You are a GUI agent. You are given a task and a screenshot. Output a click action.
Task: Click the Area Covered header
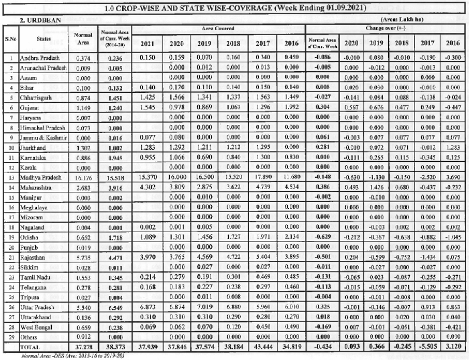click(x=218, y=29)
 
